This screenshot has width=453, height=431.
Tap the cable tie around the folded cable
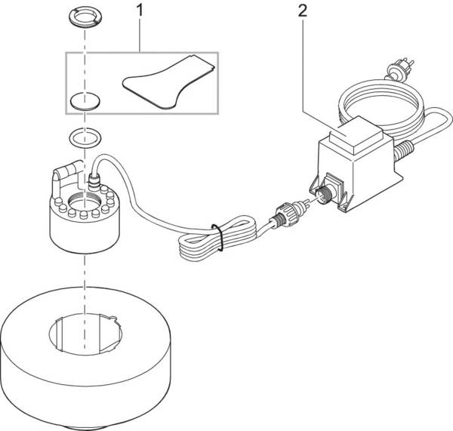tap(217, 236)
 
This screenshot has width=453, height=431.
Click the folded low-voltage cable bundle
tap(198, 242)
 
